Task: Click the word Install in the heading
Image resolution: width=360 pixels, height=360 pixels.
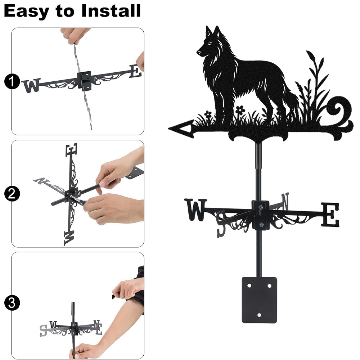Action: [111, 11]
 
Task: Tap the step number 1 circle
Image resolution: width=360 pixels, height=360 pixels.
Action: [12, 81]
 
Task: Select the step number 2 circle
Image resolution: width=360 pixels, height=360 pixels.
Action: [12, 194]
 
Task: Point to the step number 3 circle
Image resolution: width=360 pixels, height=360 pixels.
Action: [12, 303]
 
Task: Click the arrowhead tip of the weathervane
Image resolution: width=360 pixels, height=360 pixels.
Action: [169, 129]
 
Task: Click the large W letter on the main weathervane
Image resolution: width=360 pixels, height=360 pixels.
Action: [195, 210]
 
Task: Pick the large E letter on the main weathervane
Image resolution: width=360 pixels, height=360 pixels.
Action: [330, 215]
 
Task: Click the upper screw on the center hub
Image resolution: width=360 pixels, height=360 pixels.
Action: [260, 208]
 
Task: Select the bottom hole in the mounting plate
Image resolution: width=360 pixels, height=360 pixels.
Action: [259, 315]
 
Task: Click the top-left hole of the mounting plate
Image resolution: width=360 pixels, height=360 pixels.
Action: [249, 286]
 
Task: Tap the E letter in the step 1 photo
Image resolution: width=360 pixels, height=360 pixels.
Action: [135, 71]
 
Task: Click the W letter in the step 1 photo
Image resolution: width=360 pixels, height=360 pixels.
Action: [32, 85]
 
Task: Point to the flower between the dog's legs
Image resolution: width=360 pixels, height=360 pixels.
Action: [240, 109]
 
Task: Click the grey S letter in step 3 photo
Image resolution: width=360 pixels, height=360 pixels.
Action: [43, 330]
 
